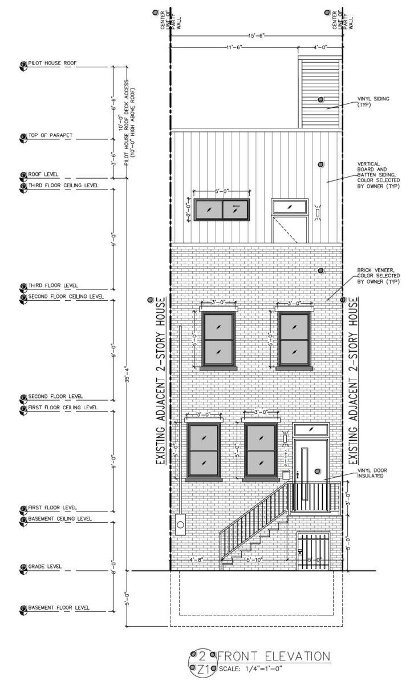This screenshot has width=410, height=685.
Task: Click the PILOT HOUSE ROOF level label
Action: point(52,63)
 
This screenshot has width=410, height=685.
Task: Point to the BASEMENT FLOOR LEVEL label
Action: point(59,607)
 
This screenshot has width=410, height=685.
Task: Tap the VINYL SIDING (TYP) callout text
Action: point(373,102)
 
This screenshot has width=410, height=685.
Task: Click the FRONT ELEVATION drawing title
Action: point(273,656)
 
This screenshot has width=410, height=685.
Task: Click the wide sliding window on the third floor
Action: point(222,210)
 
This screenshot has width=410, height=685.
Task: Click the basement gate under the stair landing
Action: point(313,552)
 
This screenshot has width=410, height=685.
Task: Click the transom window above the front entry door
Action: point(310,429)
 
